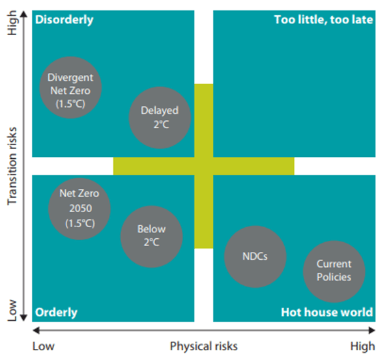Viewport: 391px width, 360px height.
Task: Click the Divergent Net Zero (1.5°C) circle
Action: (x=70, y=87)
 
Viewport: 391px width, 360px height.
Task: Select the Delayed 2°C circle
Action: (x=160, y=118)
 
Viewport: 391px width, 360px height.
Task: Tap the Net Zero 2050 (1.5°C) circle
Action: (x=80, y=209)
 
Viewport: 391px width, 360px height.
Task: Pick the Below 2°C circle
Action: (x=152, y=236)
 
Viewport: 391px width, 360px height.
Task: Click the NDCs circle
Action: (x=255, y=256)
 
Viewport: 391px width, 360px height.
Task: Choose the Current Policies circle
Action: (x=334, y=271)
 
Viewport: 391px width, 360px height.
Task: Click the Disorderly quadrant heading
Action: (x=65, y=20)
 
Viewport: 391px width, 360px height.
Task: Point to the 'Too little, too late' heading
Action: (x=323, y=20)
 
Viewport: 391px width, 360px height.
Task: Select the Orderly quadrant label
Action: (x=56, y=312)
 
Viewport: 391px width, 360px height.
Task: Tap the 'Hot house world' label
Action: (x=327, y=312)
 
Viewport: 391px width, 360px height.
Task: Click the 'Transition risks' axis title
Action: (x=12, y=166)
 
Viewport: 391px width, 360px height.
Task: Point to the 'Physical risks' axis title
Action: (x=204, y=346)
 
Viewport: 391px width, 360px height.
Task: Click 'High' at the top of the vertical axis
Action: (x=12, y=23)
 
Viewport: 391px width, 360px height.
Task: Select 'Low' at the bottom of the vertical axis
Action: (x=12, y=311)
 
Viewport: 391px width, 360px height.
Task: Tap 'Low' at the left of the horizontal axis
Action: (x=44, y=346)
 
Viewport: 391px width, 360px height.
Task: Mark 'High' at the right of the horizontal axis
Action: (x=362, y=346)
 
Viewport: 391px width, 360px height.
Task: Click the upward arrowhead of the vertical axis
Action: (x=23, y=14)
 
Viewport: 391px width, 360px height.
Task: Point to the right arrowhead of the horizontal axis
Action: (x=372, y=330)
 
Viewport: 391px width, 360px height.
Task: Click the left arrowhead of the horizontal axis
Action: (x=36, y=330)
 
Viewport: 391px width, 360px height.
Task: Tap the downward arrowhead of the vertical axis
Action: (x=23, y=318)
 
